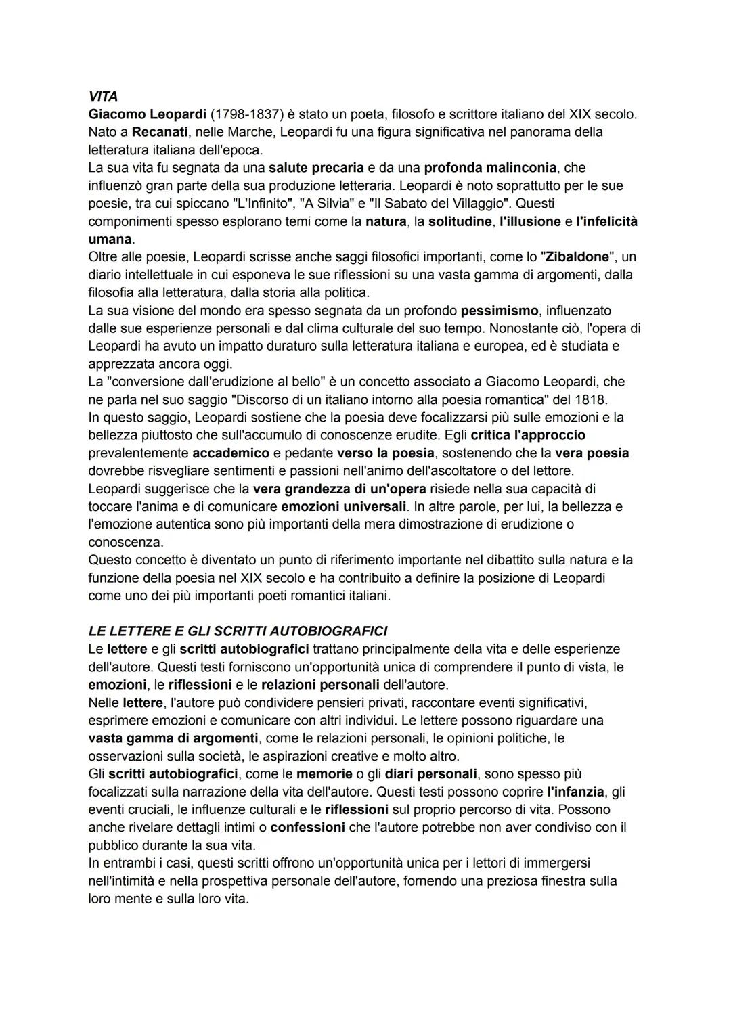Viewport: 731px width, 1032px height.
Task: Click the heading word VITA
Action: (x=103, y=97)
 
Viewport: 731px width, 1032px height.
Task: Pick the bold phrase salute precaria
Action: (x=316, y=167)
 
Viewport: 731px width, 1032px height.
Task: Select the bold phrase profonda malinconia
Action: (x=490, y=167)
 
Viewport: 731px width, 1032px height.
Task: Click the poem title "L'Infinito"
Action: (x=257, y=203)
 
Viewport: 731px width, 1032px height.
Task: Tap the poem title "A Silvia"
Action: (x=328, y=203)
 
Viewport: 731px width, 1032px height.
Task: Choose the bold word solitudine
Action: (x=460, y=221)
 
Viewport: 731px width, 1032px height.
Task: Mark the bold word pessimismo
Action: (x=500, y=311)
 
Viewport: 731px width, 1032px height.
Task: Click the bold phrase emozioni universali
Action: (x=344, y=506)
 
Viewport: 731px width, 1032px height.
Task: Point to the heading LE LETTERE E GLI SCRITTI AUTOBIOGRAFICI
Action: (x=238, y=631)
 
